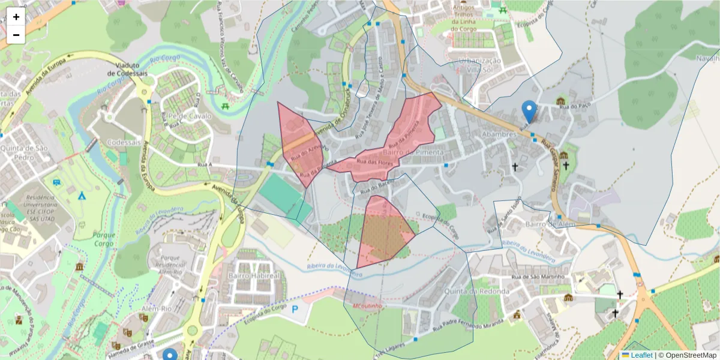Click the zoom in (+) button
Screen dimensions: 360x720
pyautogui.click(x=16, y=17)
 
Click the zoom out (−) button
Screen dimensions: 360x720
pyautogui.click(x=16, y=35)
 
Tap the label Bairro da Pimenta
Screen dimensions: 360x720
pyautogui.click(x=420, y=152)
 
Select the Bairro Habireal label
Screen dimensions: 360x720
pyautogui.click(x=254, y=275)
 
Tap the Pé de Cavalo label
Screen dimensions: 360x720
pyautogui.click(x=184, y=116)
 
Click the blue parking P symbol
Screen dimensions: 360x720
pyautogui.click(x=295, y=310)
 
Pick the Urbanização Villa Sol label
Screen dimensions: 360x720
pyautogui.click(x=479, y=65)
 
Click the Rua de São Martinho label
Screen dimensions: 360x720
pyautogui.click(x=538, y=277)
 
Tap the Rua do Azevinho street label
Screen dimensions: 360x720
pyautogui.click(x=308, y=151)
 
